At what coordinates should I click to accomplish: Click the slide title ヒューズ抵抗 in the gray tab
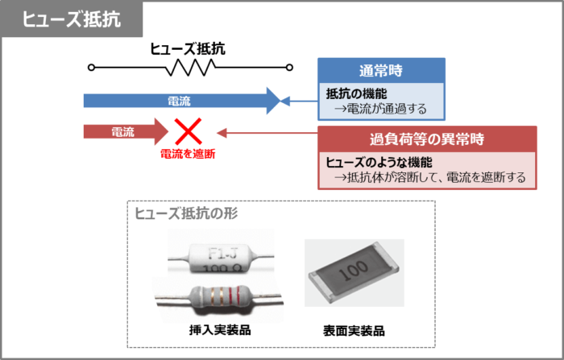[71, 20]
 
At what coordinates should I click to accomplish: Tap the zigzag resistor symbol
[187, 68]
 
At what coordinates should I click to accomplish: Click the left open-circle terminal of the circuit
[91, 68]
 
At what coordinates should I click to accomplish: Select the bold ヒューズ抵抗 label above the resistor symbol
[188, 48]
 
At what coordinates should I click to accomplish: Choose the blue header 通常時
[381, 70]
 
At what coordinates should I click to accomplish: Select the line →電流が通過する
[379, 108]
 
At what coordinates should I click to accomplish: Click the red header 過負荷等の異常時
[427, 138]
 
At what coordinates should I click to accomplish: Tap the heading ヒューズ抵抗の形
[186, 213]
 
